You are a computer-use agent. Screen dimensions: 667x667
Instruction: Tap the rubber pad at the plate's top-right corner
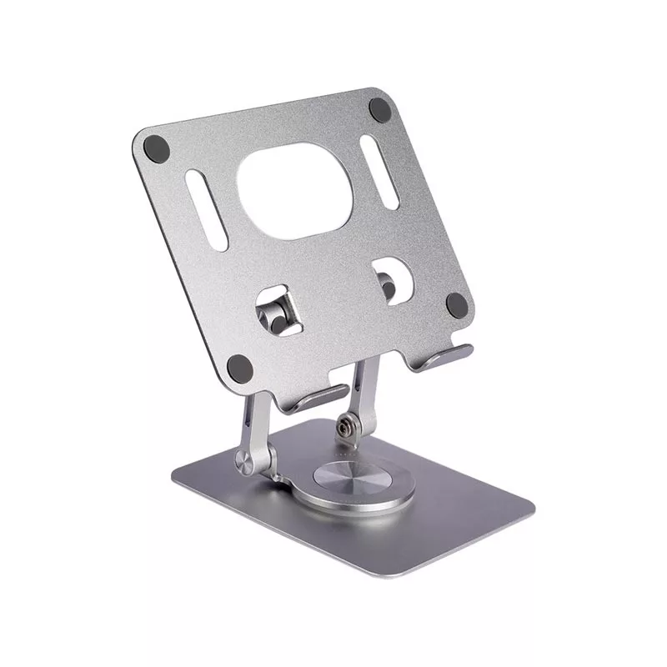[x=379, y=108]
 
